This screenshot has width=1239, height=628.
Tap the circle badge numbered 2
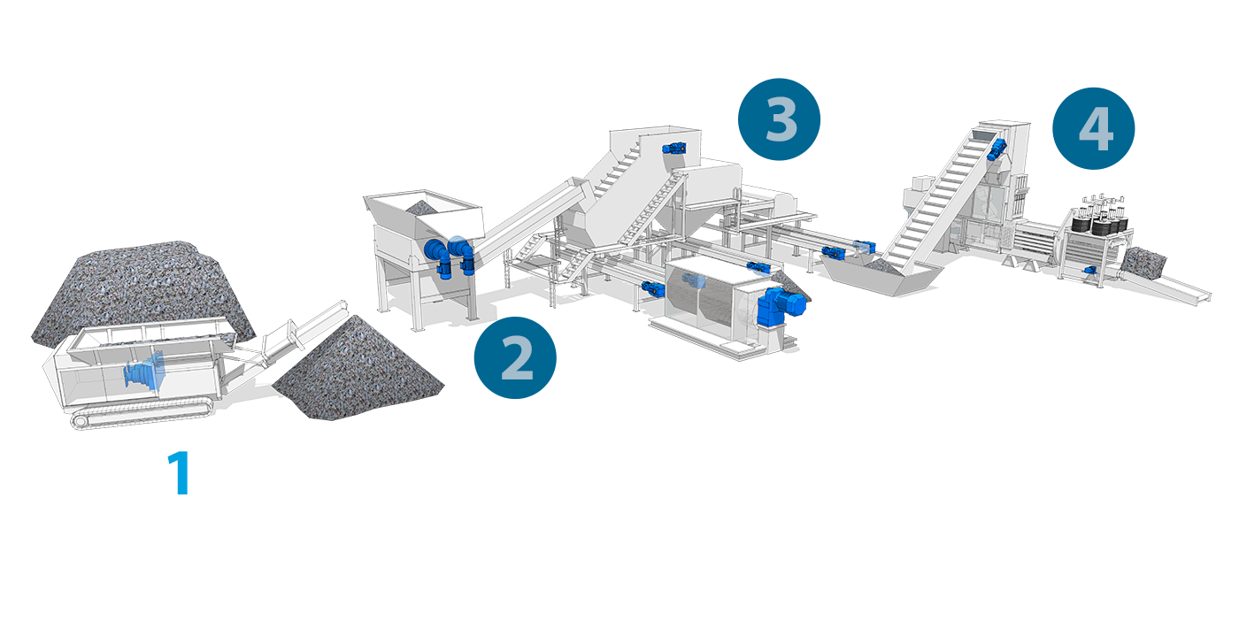coord(515,357)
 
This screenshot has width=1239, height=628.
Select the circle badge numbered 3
coord(779,119)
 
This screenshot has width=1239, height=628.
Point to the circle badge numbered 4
coord(1094,128)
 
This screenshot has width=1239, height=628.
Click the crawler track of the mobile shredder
coord(141,414)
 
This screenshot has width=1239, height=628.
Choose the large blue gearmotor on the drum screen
coord(781,302)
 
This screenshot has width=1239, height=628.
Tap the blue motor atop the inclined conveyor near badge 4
coord(997,149)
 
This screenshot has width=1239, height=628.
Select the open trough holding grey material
coord(881,274)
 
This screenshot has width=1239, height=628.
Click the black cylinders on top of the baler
coord(1099,222)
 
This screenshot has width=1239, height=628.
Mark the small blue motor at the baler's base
coord(1089,270)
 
